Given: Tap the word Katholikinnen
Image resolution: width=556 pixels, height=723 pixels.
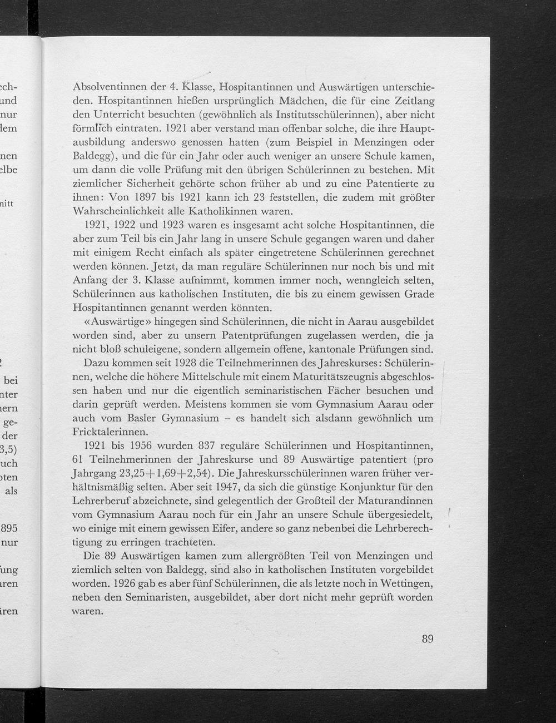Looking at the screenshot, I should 216,211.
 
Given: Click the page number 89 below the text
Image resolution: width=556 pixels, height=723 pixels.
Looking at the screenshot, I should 427,638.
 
